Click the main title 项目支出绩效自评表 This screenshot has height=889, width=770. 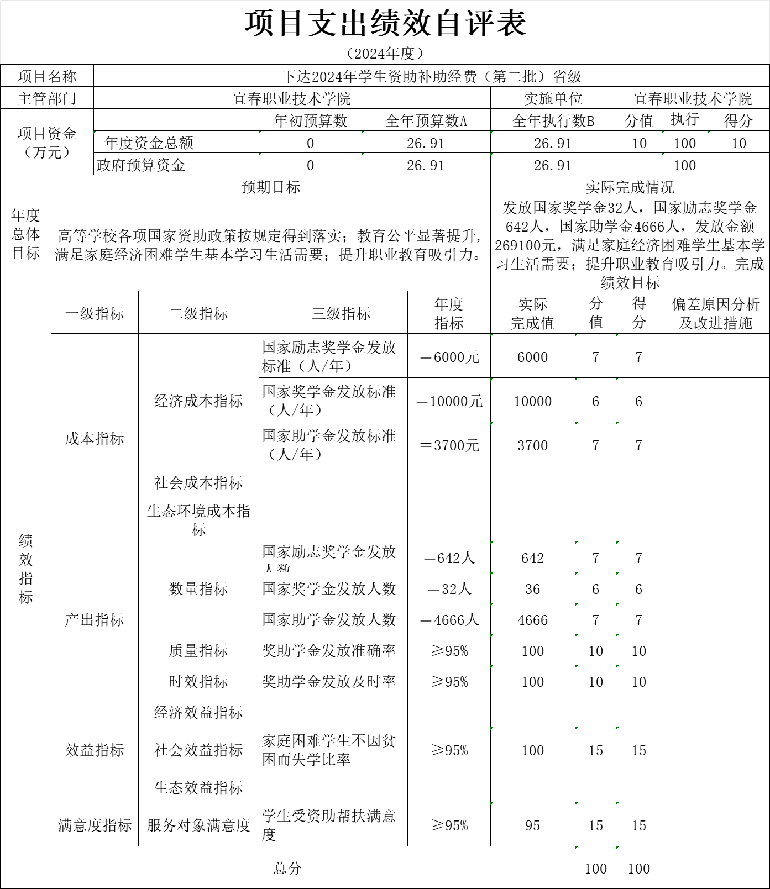[x=385, y=23]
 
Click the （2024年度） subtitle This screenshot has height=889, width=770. [x=385, y=53]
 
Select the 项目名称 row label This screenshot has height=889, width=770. [x=47, y=76]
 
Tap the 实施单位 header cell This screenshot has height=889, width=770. [x=553, y=98]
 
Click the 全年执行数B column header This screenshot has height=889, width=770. [x=553, y=120]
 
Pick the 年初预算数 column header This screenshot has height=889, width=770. [x=310, y=120]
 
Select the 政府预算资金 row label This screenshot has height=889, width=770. [x=141, y=165]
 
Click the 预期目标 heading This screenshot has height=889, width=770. [x=271, y=187]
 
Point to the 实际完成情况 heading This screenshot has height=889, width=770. [x=630, y=187]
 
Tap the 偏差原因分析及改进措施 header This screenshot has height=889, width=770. [x=715, y=313]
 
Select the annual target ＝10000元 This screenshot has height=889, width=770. [x=449, y=401]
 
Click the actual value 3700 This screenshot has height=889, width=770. [x=532, y=445]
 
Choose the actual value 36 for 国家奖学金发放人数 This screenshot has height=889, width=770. [x=532, y=589]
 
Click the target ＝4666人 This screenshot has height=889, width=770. [x=449, y=620]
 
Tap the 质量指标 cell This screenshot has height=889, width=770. [x=198, y=651]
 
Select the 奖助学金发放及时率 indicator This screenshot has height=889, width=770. [x=329, y=682]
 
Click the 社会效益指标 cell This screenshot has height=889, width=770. [x=198, y=750]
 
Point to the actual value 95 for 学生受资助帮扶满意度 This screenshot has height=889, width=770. [x=532, y=825]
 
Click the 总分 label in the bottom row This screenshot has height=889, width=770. [x=287, y=868]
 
